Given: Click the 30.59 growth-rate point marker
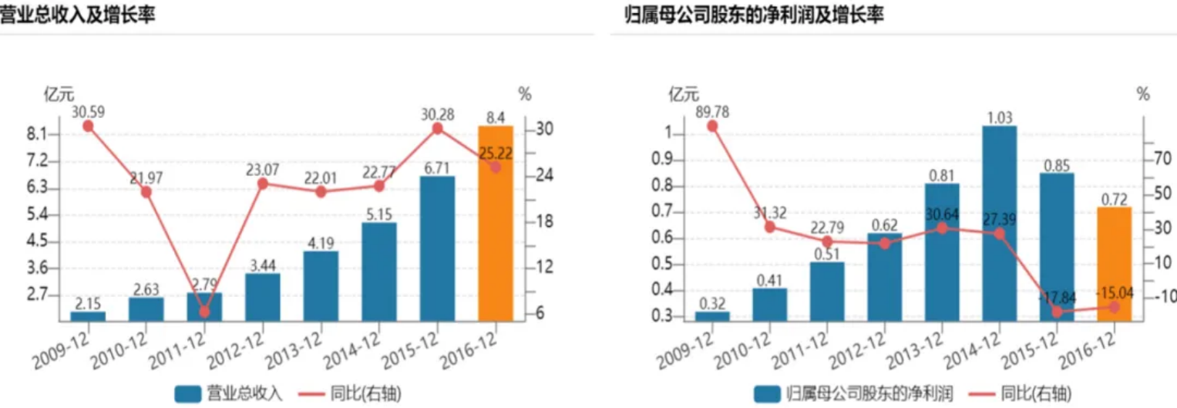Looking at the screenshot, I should (x=88, y=126).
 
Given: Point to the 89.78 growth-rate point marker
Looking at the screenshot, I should (x=711, y=126).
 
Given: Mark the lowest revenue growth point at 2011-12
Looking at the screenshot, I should (x=204, y=312).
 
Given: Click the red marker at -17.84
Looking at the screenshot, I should (x=1057, y=312).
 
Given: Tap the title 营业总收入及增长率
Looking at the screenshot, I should (x=77, y=14).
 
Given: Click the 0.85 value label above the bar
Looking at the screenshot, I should (x=1056, y=165).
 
